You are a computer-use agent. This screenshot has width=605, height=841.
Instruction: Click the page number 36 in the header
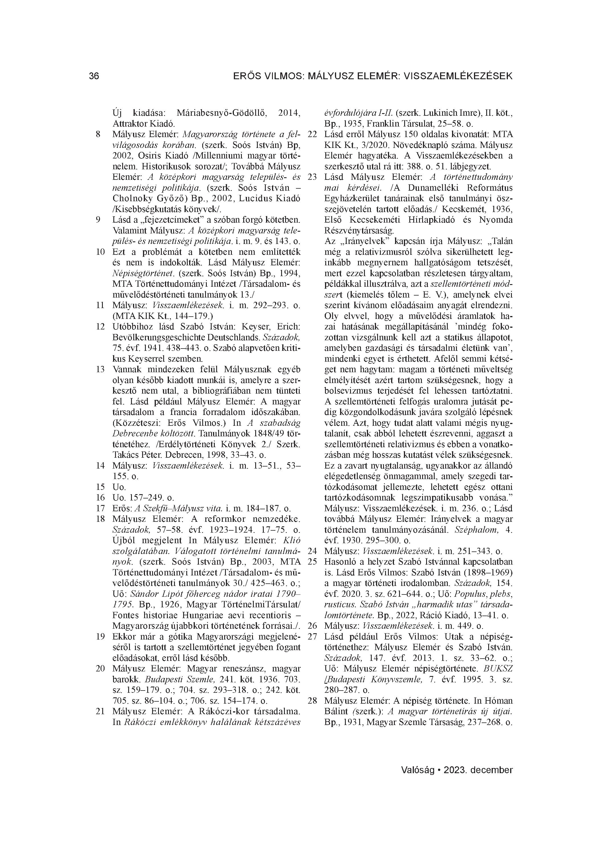pyautogui.click(x=94, y=76)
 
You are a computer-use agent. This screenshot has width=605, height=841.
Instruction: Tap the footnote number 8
pyautogui.click(x=98, y=135)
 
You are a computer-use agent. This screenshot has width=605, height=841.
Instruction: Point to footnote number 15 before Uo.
pyautogui.click(x=100, y=487)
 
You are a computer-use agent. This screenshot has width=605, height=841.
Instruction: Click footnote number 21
pyautogui.click(x=100, y=712)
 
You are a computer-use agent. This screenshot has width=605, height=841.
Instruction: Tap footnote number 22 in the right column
pyautogui.click(x=312, y=135)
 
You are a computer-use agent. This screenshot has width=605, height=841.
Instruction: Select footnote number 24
pyautogui.click(x=312, y=551)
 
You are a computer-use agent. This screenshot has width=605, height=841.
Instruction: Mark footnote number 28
pyautogui.click(x=312, y=701)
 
